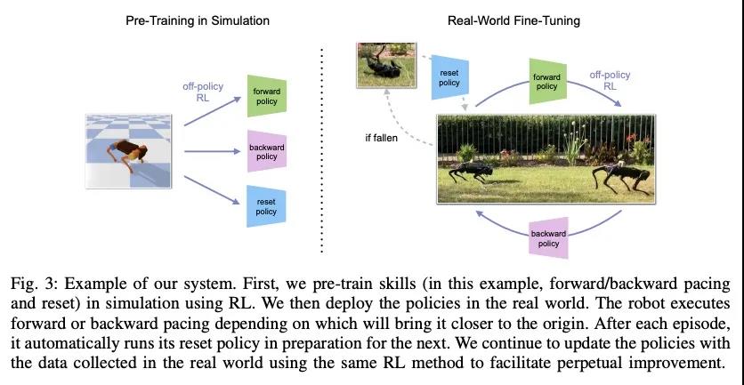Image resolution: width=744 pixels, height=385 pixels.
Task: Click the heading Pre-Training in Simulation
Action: [198, 20]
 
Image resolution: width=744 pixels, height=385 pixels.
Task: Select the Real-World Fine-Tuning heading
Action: [514, 20]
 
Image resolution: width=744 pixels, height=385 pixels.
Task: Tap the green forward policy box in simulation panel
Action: [267, 96]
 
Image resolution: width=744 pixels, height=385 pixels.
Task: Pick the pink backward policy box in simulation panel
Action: [267, 152]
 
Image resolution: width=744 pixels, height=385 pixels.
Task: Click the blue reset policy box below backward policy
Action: [267, 206]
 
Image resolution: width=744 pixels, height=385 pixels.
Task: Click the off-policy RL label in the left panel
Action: [203, 92]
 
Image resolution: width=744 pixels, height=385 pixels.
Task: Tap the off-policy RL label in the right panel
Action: [610, 80]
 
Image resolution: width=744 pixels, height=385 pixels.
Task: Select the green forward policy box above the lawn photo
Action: [547, 81]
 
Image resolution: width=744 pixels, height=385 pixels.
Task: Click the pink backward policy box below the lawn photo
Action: [548, 238]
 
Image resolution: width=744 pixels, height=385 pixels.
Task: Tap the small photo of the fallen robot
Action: [386, 65]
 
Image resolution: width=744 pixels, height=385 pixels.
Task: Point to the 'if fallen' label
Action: [382, 139]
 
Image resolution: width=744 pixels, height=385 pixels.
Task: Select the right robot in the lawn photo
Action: [620, 177]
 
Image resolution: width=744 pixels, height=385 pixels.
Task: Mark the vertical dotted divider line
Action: [322, 150]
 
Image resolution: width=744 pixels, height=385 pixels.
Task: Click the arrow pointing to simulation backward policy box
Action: [213, 151]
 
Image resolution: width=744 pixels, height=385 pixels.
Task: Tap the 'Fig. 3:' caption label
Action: [34, 285]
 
